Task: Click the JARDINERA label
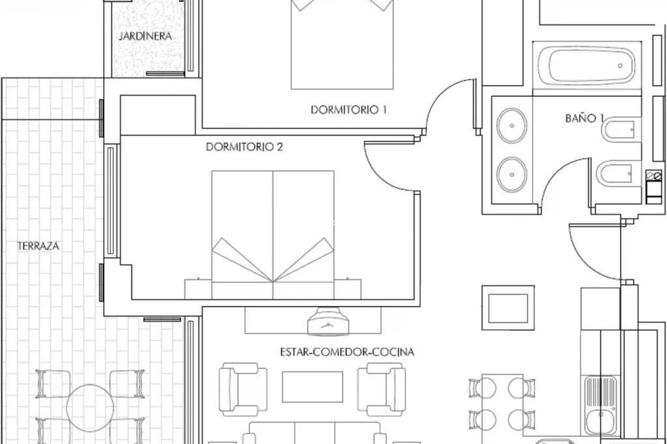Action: [x=145, y=36]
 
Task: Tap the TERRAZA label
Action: [x=38, y=246]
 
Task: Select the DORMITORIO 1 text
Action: [x=348, y=110]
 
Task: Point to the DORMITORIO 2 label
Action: [x=244, y=147]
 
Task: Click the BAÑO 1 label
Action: [x=584, y=118]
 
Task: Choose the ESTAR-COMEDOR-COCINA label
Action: [x=347, y=352]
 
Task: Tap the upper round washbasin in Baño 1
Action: [x=511, y=126]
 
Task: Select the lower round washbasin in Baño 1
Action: [x=511, y=174]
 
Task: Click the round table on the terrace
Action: [x=90, y=408]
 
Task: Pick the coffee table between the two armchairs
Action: [x=312, y=387]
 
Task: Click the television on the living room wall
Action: [x=328, y=322]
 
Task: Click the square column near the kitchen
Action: [x=508, y=308]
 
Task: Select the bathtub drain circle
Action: [x=620, y=66]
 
